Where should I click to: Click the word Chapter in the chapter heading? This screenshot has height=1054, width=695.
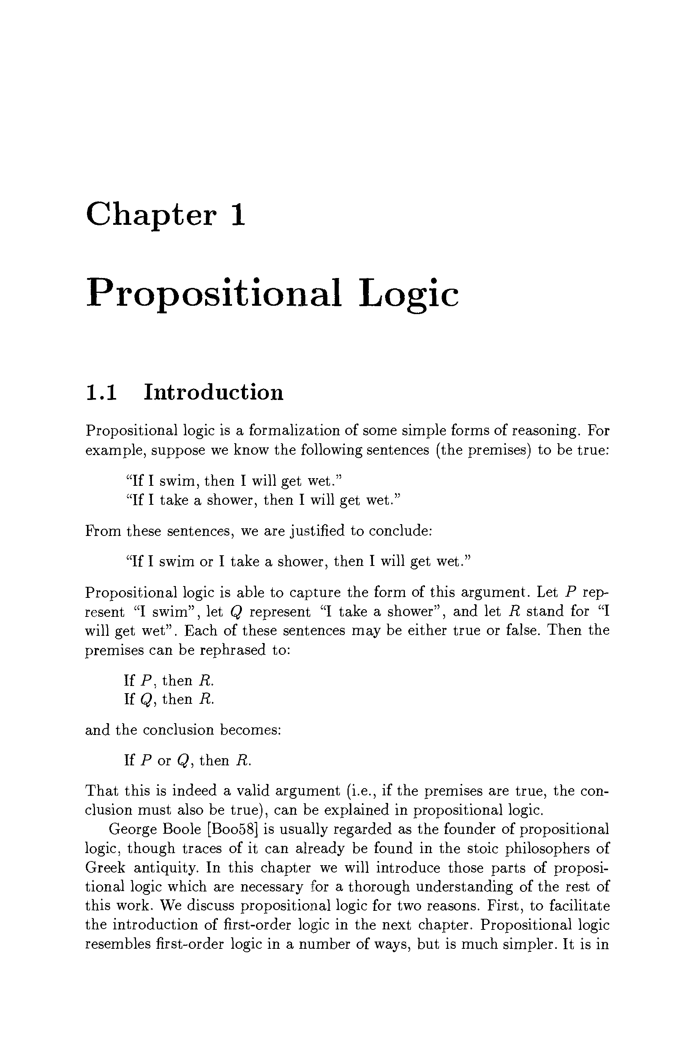coord(151,215)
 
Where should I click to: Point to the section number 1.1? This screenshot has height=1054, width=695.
coord(101,393)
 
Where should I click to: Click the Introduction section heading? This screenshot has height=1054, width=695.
coord(213,393)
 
